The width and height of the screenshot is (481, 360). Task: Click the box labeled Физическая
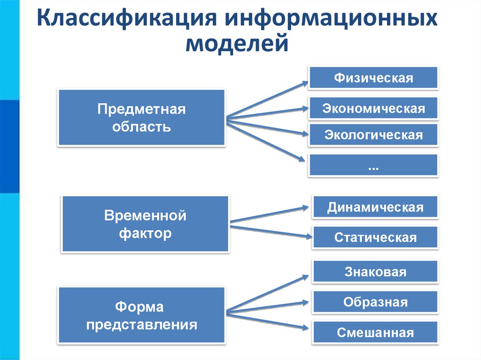click(373, 78)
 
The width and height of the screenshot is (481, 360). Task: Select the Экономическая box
click(373, 108)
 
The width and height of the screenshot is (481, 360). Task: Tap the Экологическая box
click(373, 135)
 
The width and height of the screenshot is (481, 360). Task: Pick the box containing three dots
click(373, 165)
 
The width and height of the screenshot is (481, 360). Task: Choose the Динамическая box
click(375, 207)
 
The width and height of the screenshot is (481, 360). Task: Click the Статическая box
click(375, 237)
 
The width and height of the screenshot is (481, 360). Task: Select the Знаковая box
click(375, 272)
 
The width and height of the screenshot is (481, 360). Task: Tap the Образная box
click(375, 302)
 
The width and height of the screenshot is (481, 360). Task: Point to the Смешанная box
click(375, 332)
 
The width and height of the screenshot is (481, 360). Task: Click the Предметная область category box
click(141, 117)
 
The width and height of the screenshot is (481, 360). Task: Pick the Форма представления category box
click(141, 316)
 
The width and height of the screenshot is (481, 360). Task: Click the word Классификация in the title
click(124, 22)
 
